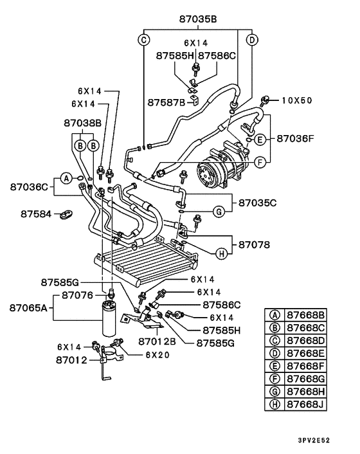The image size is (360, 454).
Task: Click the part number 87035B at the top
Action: [198, 19]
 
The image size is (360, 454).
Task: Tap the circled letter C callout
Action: [143, 40]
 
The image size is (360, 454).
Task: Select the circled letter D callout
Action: [252, 40]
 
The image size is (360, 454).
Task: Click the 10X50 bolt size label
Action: [297, 100]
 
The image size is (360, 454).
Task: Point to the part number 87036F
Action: [295, 138]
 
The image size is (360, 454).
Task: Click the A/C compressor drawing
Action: [221, 165]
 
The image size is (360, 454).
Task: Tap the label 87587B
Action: [166, 102]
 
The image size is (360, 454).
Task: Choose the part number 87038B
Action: [82, 123]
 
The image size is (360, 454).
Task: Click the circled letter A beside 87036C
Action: [67, 178]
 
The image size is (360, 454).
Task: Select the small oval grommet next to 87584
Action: [67, 214]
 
